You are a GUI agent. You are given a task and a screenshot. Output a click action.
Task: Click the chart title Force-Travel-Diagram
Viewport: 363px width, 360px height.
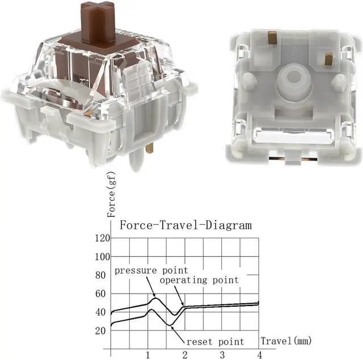pyautogui.click(x=185, y=225)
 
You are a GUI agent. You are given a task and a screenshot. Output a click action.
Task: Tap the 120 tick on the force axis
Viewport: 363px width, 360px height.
pyautogui.click(x=102, y=238)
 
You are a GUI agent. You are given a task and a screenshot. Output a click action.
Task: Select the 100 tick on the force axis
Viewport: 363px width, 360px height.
pyautogui.click(x=102, y=257)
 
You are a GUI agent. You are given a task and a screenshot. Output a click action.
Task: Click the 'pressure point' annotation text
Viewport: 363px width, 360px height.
pyautogui.click(x=151, y=270)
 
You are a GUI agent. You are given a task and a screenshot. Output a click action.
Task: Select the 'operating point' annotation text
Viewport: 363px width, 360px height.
pyautogui.click(x=199, y=280)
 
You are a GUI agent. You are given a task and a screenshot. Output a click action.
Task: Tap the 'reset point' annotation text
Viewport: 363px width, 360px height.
pyautogui.click(x=216, y=341)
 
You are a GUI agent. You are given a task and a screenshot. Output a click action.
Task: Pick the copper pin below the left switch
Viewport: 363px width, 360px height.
pyautogui.click(x=149, y=148)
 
